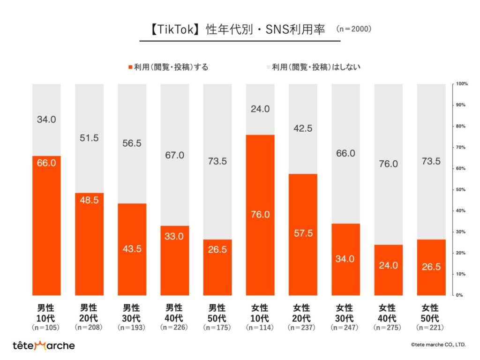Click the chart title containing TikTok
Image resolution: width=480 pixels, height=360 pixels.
pyautogui.click(x=240, y=29)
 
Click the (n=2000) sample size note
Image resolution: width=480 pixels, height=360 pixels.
pyautogui.click(x=354, y=29)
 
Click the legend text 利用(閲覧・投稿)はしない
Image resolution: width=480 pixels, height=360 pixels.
pyautogui.click(x=316, y=67)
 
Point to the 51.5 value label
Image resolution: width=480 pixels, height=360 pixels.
pyautogui.click(x=89, y=138)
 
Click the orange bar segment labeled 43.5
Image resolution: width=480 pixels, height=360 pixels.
pyautogui.click(x=132, y=249)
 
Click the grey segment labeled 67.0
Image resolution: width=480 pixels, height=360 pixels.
pyautogui.click(x=174, y=155)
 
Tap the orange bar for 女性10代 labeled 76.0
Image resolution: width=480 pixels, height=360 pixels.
pyautogui.click(x=260, y=215)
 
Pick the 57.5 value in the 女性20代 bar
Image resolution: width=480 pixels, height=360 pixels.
pyautogui.click(x=303, y=234)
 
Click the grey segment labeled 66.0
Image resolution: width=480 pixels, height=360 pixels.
pyautogui.click(x=345, y=154)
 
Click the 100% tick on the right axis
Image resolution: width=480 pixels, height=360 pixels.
pyautogui.click(x=460, y=84)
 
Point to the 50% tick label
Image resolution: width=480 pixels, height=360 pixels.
pyautogui.click(x=460, y=189)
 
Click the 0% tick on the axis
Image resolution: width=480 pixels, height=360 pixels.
pyautogui.click(x=460, y=295)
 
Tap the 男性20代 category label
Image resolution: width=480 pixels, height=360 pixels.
pyautogui.click(x=89, y=313)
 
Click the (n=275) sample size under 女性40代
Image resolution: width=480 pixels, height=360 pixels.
pyautogui.click(x=388, y=327)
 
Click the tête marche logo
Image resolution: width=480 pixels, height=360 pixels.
pyautogui.click(x=44, y=345)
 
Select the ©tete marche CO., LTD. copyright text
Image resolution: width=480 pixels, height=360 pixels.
pyautogui.click(x=438, y=345)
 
